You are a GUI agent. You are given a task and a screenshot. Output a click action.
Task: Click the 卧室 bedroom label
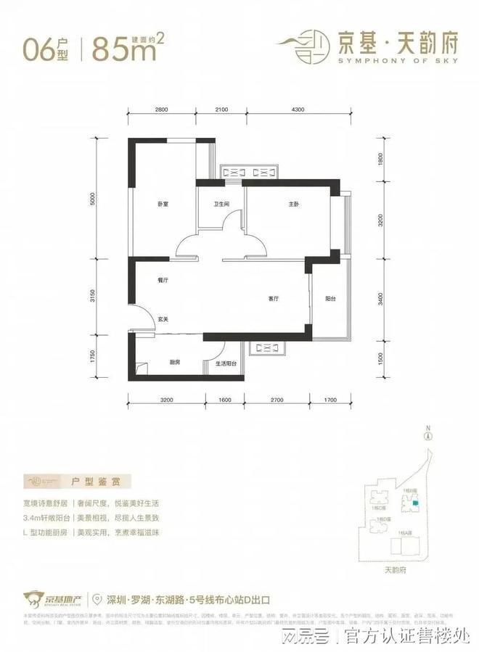162,205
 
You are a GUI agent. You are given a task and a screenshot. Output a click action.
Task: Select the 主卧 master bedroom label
293,205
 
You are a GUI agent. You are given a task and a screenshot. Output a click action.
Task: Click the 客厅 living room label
274,298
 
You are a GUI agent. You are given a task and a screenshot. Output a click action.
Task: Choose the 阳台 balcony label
330,298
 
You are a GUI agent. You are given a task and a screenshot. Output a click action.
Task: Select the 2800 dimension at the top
161,109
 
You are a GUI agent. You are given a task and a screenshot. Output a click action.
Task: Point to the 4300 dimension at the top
298,109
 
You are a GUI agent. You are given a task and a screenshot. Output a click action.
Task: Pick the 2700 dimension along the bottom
278,400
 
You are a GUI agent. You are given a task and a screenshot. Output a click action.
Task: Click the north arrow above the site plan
429,435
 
